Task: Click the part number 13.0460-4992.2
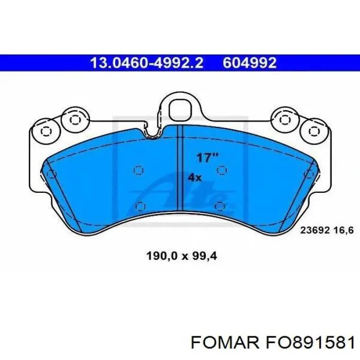[147, 63]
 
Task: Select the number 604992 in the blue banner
[249, 63]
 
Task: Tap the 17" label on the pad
[207, 158]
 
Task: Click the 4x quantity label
[195, 177]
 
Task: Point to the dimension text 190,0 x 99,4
[182, 256]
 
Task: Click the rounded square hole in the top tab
[180, 110]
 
